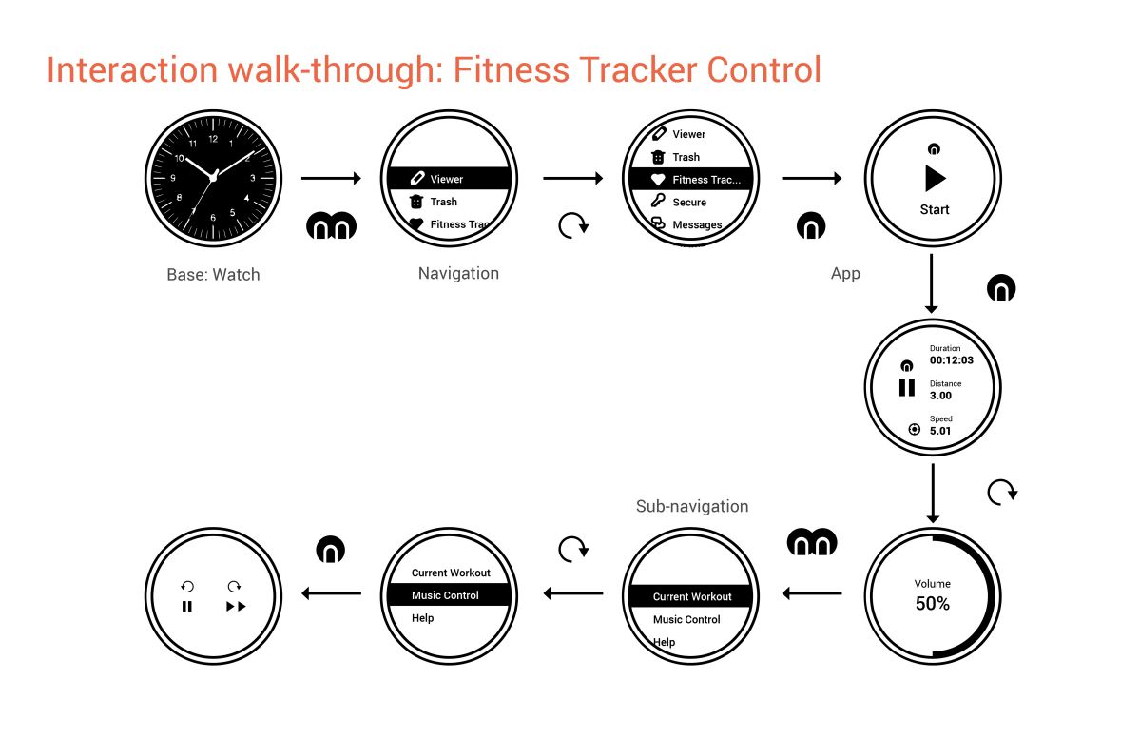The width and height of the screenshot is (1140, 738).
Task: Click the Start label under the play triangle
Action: (x=934, y=210)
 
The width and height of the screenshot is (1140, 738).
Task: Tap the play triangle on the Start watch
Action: (x=936, y=179)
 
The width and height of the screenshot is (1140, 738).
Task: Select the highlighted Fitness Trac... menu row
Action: (x=690, y=180)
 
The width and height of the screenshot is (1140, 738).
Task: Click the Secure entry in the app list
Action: (x=689, y=203)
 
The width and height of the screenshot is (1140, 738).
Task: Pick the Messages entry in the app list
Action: (x=697, y=225)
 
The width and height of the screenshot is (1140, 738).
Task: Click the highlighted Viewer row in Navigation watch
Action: (x=449, y=179)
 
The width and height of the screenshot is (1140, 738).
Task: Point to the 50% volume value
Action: (x=932, y=604)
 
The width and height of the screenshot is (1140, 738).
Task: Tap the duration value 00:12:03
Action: (x=951, y=360)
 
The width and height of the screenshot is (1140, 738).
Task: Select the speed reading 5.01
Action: (x=940, y=431)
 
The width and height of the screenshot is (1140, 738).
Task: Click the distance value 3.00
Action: (x=940, y=396)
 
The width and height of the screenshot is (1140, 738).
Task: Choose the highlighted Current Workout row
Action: (x=691, y=597)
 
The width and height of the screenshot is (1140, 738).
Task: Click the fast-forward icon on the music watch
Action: (x=236, y=606)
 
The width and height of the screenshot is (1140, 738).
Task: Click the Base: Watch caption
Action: (x=213, y=275)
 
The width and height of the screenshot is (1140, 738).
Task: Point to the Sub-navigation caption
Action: (x=691, y=506)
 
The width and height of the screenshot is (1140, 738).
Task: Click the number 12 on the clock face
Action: (x=213, y=139)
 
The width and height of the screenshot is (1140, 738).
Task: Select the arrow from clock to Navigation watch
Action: (x=331, y=178)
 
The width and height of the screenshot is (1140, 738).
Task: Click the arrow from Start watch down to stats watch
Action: (x=932, y=282)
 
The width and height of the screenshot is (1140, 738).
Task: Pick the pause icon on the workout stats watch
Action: (x=907, y=387)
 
